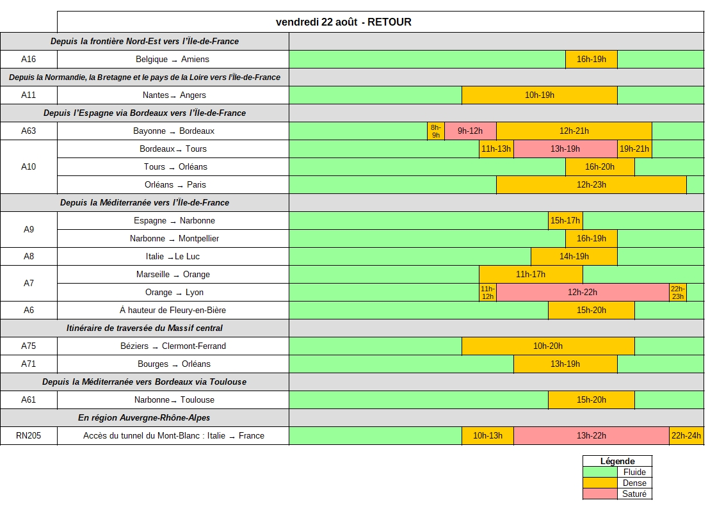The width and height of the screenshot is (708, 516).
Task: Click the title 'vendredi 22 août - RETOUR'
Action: [x=344, y=22]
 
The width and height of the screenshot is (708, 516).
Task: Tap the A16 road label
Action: [x=28, y=59]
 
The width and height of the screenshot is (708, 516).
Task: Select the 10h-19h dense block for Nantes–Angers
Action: [x=540, y=95]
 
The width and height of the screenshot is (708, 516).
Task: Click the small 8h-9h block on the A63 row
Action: [x=436, y=131]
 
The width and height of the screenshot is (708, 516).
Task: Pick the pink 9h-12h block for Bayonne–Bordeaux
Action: [x=470, y=131]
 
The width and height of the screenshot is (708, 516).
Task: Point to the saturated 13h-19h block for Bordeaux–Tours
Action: [x=565, y=149]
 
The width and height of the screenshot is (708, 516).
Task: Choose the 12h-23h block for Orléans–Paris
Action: [x=591, y=185]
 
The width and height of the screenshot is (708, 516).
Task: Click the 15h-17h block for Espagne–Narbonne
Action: [x=565, y=221]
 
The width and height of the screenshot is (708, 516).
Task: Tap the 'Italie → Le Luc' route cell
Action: [x=173, y=257]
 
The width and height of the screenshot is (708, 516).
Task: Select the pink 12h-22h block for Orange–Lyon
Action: [x=583, y=293]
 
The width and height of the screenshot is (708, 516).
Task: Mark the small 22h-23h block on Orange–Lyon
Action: [x=678, y=293]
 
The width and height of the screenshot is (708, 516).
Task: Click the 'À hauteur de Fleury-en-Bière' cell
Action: [x=173, y=310]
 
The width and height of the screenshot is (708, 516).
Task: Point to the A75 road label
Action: [x=28, y=346]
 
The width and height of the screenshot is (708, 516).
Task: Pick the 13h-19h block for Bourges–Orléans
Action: [x=565, y=364]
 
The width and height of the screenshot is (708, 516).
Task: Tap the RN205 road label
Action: [x=28, y=435]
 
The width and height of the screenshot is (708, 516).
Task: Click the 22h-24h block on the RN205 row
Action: [x=686, y=435]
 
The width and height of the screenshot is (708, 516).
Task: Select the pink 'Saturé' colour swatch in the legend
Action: [x=600, y=494]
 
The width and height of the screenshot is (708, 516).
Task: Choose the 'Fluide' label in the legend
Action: [x=634, y=472]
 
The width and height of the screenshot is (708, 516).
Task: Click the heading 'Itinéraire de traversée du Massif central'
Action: [x=145, y=328]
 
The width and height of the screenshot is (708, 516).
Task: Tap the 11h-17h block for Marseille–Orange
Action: [x=531, y=275]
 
